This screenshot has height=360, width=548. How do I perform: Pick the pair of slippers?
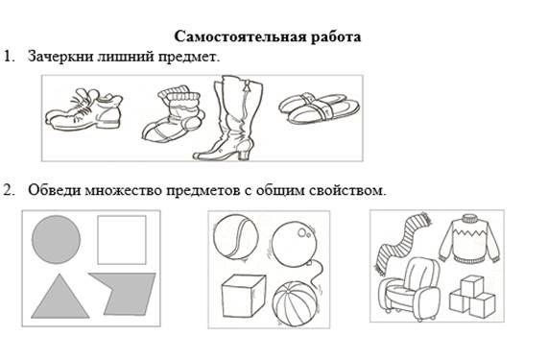coord(320,108)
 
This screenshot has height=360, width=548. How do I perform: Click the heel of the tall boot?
coord(245,151)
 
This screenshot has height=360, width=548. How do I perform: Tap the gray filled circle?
coord(56,240)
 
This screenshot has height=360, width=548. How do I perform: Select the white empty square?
coord(122,240)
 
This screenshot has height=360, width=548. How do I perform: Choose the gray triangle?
coord(60,297)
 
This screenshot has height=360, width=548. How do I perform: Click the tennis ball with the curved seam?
coord(236,237)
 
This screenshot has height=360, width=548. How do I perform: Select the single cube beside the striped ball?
coord(243,296)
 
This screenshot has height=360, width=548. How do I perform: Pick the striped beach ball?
coord(296,304)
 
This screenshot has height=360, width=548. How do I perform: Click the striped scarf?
coord(402,242)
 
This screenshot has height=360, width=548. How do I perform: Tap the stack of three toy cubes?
coord(472,296)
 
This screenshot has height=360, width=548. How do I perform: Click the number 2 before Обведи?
coord(8,190)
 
